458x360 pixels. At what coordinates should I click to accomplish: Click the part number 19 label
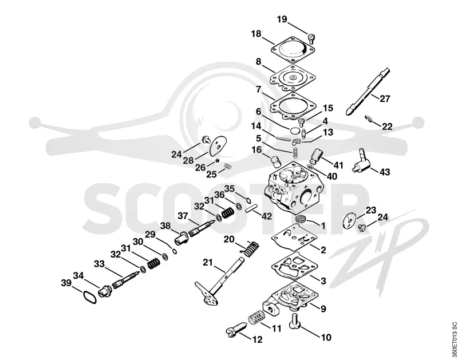pos(282,19)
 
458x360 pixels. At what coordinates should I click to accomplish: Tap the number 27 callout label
pos(385,98)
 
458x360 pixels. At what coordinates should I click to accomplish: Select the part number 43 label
pos(384,172)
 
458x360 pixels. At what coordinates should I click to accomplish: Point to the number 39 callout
pos(66,283)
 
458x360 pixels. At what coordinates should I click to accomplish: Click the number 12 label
pos(257,339)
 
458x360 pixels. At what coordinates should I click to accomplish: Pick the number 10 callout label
pos(326,337)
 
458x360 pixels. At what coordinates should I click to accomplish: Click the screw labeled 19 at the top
pos(311,38)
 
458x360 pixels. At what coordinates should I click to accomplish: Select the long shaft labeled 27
pos(368,92)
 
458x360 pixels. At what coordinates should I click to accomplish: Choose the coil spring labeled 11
pos(256,317)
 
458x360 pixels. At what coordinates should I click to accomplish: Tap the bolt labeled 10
pos(295,322)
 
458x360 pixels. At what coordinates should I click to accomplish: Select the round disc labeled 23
pos(350,220)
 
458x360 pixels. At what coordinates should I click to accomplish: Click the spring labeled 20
pos(250,249)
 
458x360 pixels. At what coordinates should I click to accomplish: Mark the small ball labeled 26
pos(218,160)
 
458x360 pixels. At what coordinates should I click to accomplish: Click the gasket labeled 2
pos(294,237)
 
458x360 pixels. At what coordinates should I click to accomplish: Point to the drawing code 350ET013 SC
pos(453,340)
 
